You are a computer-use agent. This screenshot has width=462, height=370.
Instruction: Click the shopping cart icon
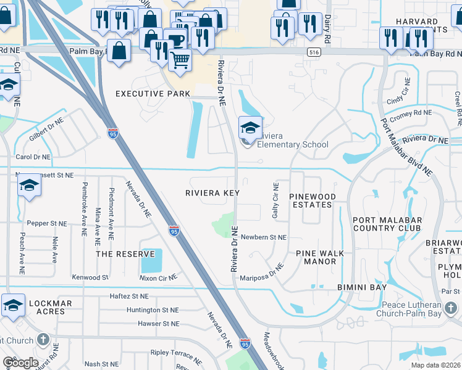click(180, 60)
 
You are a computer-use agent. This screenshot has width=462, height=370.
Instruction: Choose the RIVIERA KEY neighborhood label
click(212, 193)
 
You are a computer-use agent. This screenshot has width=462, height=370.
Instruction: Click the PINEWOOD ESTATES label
click(313, 200)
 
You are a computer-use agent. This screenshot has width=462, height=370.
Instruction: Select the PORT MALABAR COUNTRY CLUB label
click(387, 224)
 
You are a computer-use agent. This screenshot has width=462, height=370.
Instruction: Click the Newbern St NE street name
click(264, 237)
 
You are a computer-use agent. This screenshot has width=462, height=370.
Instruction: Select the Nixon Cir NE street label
click(157, 279)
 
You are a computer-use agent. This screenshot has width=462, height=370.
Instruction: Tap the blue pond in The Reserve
click(151, 261)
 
